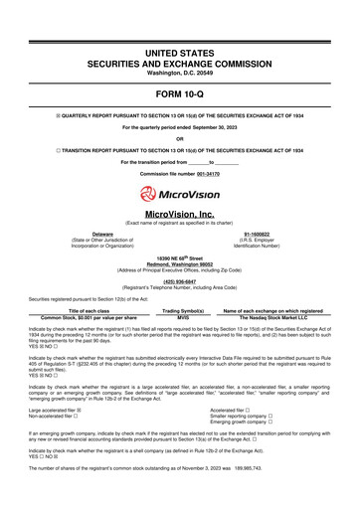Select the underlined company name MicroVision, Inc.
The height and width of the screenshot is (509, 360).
[x=180, y=214]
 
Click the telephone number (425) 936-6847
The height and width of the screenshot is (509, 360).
[x=180, y=281]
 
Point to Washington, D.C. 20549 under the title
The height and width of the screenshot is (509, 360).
[x=180, y=46]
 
